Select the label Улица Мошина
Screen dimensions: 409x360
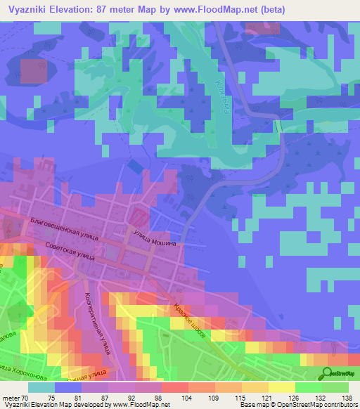click(156, 240)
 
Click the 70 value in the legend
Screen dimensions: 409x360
click(25, 398)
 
